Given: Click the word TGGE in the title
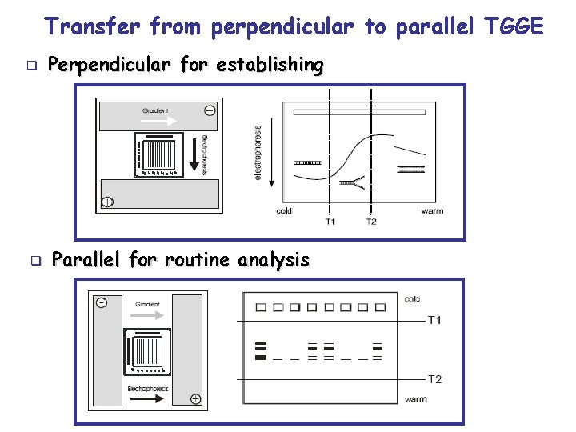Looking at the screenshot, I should click(514, 27).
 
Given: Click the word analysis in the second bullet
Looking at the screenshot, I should click(272, 259).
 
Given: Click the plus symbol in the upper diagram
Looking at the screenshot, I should click(107, 202).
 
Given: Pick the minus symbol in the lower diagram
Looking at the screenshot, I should click(102, 302).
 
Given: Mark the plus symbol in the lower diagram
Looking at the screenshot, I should click(195, 398).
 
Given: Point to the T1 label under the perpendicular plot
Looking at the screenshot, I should click(330, 222).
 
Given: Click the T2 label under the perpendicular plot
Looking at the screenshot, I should click(371, 222).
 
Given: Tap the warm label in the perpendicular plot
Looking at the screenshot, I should click(432, 211).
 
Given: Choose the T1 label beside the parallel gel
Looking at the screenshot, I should click(434, 321).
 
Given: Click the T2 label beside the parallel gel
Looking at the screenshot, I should click(434, 379).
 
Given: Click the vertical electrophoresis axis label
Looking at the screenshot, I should click(258, 152).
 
